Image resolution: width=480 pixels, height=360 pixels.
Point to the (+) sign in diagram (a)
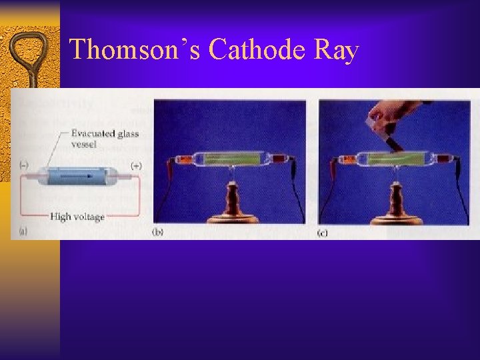pyautogui.click(x=135, y=165)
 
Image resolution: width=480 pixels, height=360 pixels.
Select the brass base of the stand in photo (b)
pyautogui.click(x=231, y=217)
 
